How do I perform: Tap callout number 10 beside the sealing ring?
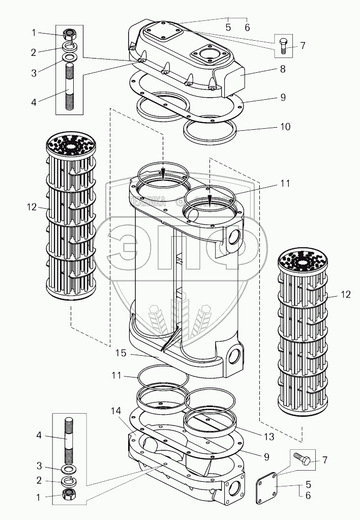(285, 126)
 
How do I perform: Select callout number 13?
(269, 437)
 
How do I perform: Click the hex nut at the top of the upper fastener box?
(70, 34)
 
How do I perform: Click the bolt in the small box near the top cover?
(283, 45)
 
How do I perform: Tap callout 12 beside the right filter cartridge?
(346, 294)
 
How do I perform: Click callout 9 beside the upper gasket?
(282, 97)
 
